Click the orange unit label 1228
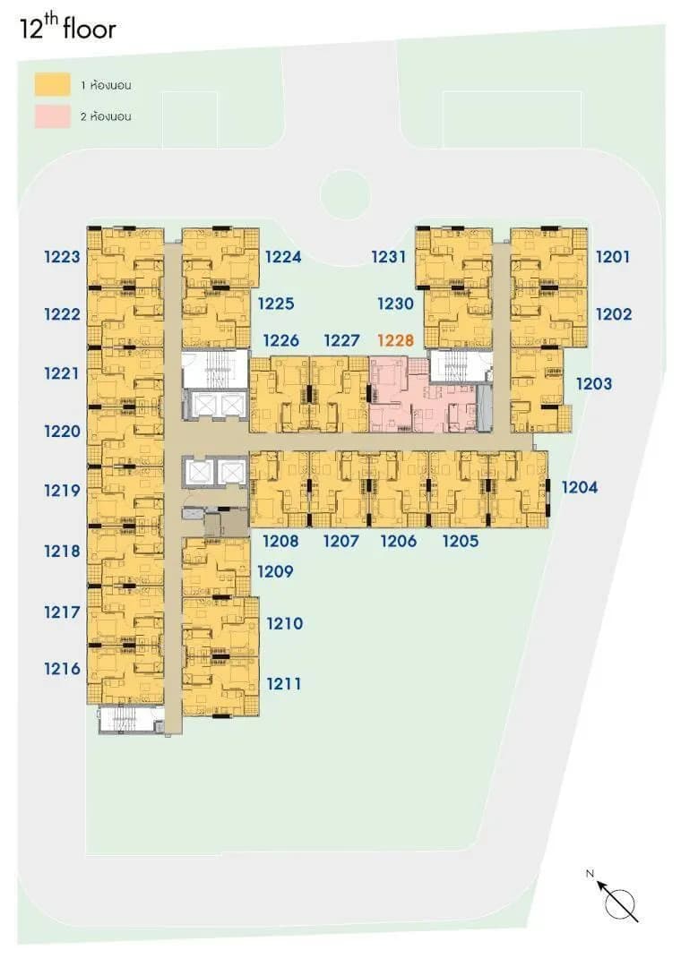(x=395, y=340)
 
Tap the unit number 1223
(x=62, y=257)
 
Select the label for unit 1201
(x=613, y=257)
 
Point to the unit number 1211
(x=284, y=683)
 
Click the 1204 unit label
(x=579, y=487)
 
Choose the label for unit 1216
(x=62, y=669)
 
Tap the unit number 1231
(x=388, y=257)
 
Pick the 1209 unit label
(x=275, y=571)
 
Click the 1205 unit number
(x=461, y=541)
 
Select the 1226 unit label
(x=281, y=340)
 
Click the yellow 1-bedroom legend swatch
(x=53, y=84)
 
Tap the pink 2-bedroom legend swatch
(x=53, y=116)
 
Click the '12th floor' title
(x=67, y=27)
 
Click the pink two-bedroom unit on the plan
(x=424, y=395)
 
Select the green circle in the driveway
(x=345, y=194)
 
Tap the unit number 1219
(x=62, y=491)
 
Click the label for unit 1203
(x=594, y=383)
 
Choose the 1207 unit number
(x=340, y=541)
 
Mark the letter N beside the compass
(x=590, y=873)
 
